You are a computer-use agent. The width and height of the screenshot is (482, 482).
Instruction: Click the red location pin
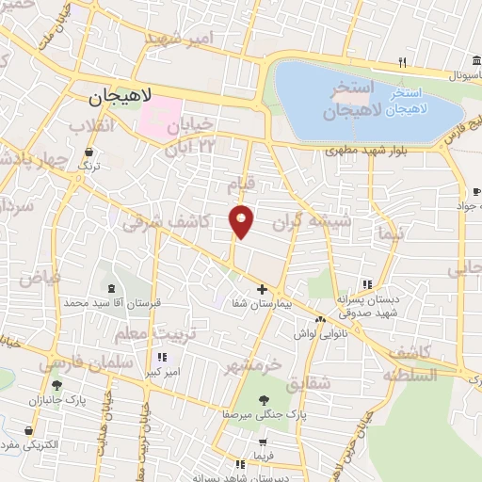coord(242,220)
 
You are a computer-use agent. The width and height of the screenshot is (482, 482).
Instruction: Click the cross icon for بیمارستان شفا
coord(263,289)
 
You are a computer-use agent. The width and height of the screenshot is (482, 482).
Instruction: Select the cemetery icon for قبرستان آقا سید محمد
coord(112,288)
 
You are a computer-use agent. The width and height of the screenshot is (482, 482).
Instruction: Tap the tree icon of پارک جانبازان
coord(56,385)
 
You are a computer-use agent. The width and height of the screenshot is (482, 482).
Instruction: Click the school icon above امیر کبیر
coord(162,357)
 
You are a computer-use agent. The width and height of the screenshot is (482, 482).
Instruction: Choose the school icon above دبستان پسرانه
coord(368,284)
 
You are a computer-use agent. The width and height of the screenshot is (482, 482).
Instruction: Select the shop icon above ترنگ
coord(88,151)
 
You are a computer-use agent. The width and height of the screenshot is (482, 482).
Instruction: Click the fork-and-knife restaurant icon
coord(402,63)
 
